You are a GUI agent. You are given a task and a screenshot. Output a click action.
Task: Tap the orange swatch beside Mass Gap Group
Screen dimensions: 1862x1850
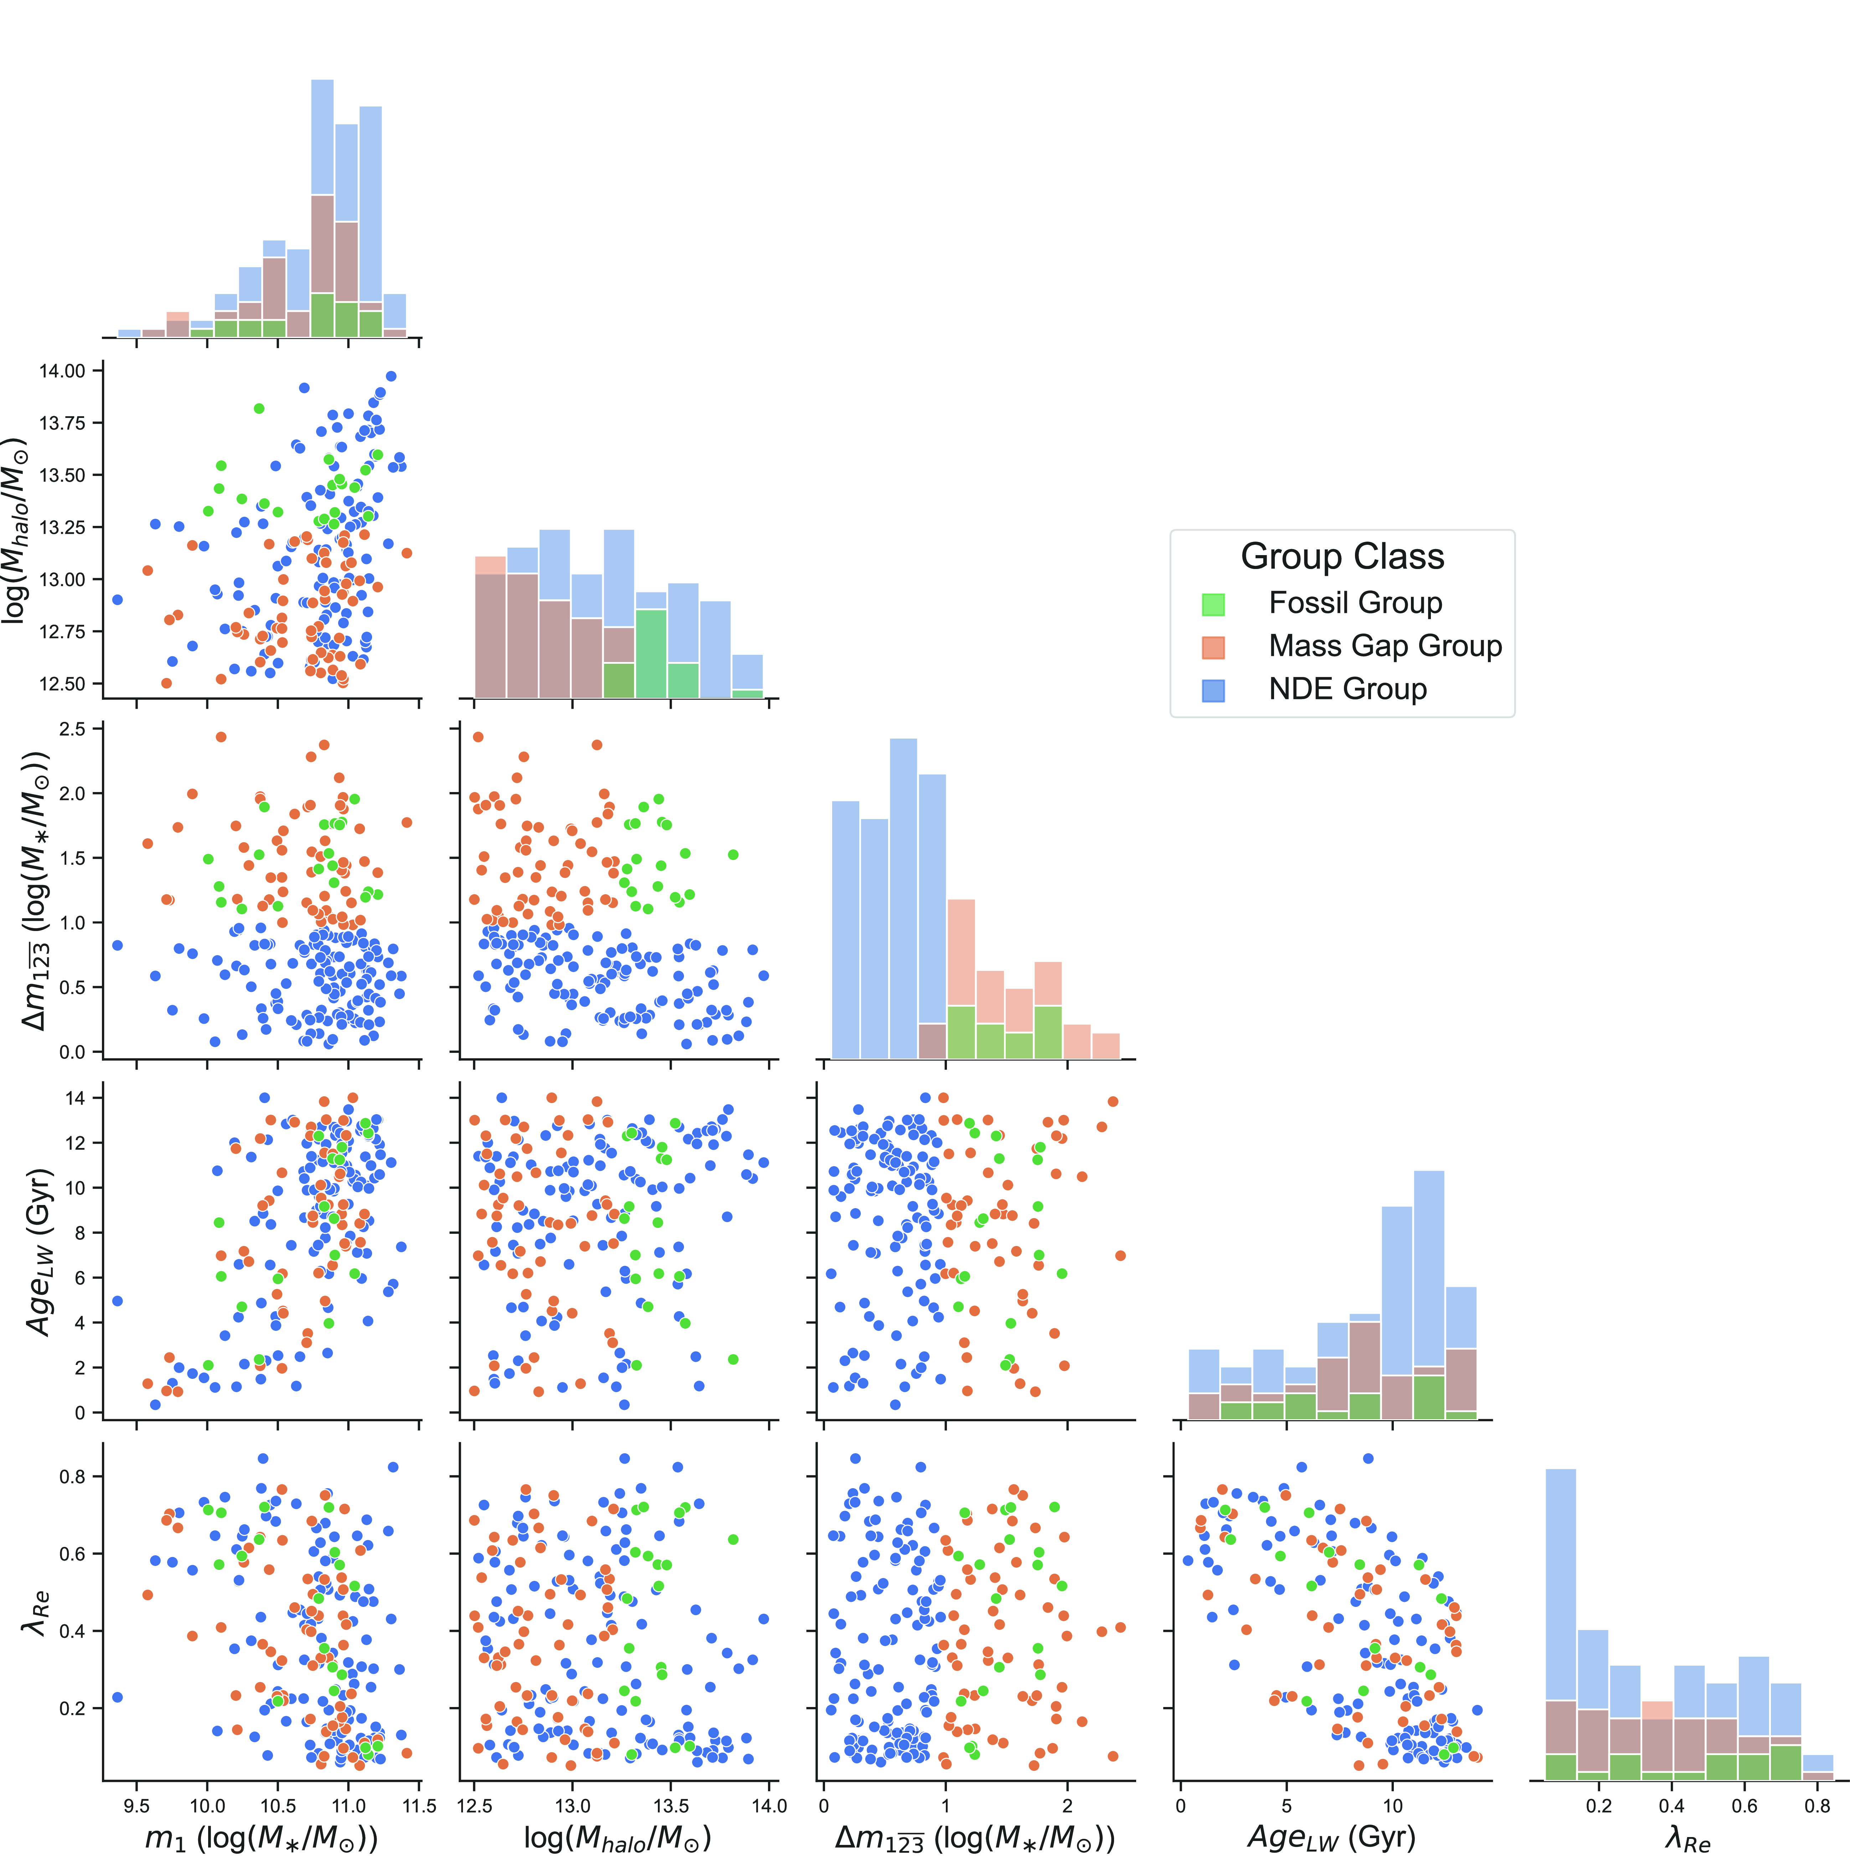(1213, 648)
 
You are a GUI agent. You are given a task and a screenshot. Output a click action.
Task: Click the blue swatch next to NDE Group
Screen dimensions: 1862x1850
(1213, 690)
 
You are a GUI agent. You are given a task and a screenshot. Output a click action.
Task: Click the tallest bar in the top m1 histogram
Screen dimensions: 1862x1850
(322, 207)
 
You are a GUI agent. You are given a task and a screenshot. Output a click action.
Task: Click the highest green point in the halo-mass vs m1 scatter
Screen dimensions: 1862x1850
(258, 409)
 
